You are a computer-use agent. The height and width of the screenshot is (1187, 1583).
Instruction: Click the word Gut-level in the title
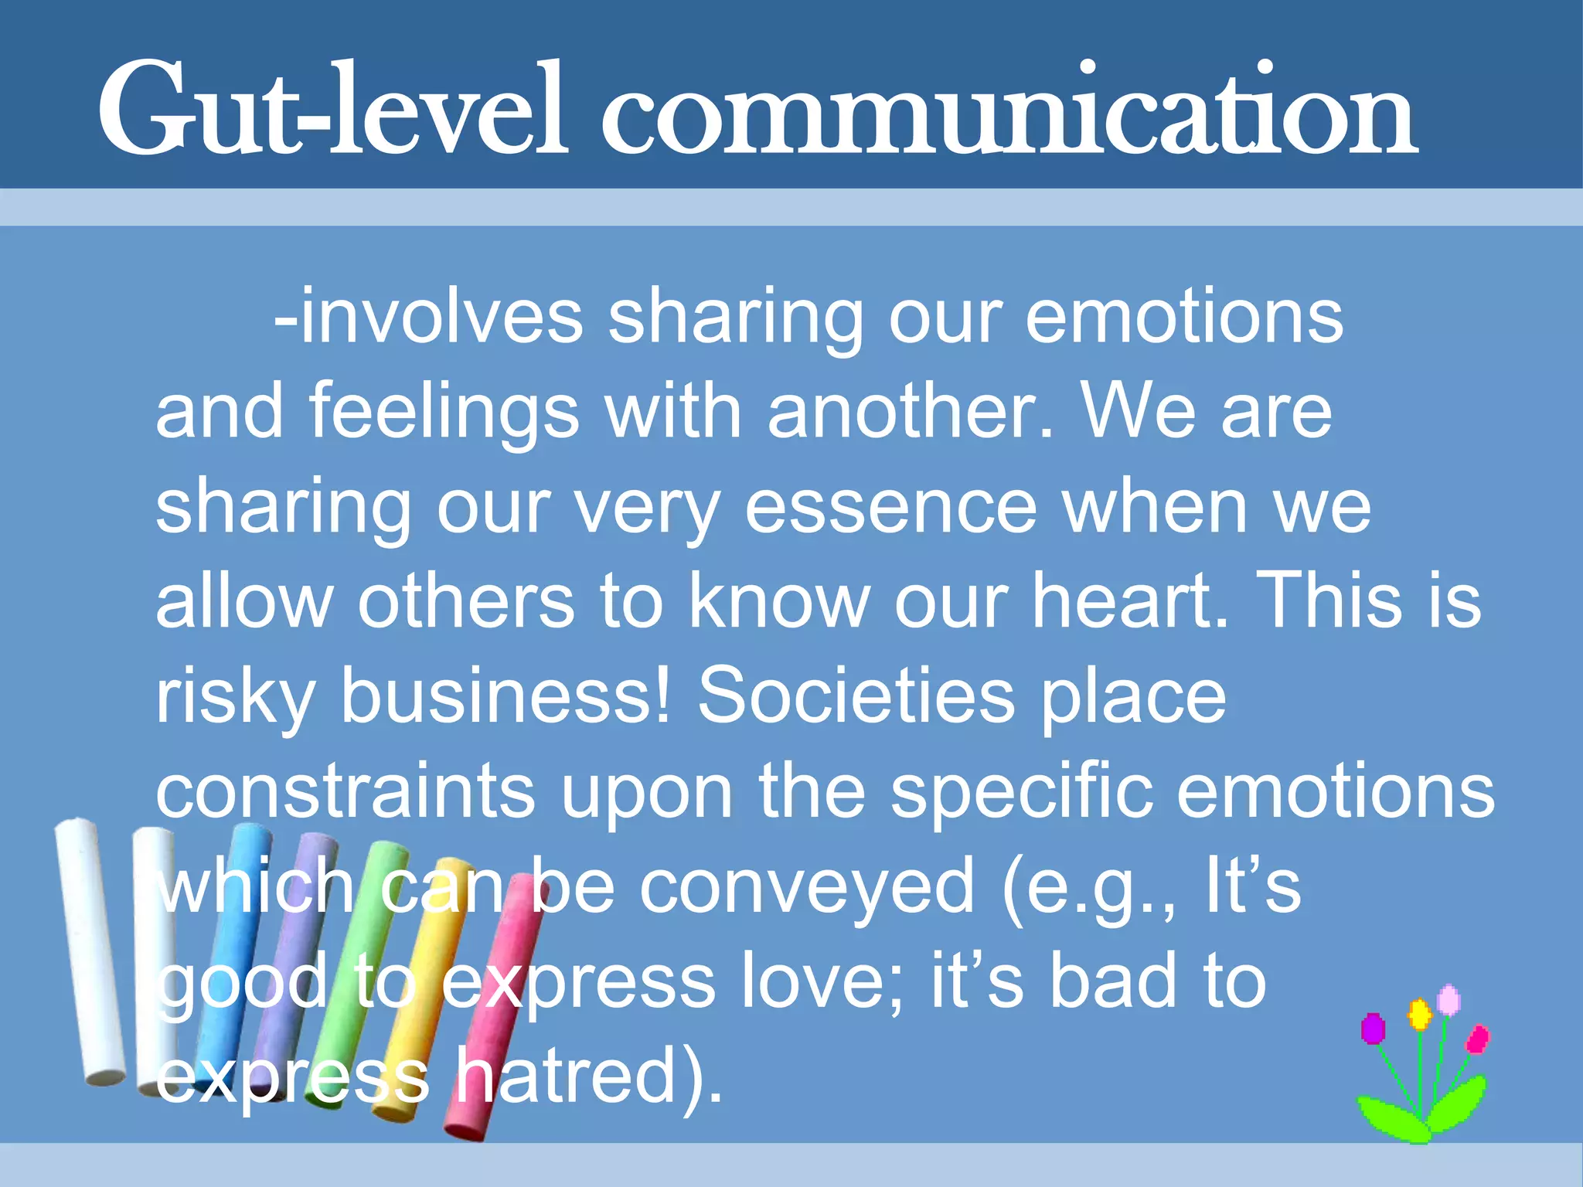click(332, 108)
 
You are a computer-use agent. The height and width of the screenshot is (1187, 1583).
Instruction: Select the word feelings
click(444, 413)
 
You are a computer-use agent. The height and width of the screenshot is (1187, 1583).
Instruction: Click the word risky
click(236, 697)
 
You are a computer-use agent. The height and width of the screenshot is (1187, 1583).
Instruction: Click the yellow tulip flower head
click(1419, 1014)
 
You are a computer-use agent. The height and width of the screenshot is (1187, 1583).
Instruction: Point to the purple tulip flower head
click(1373, 1029)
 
